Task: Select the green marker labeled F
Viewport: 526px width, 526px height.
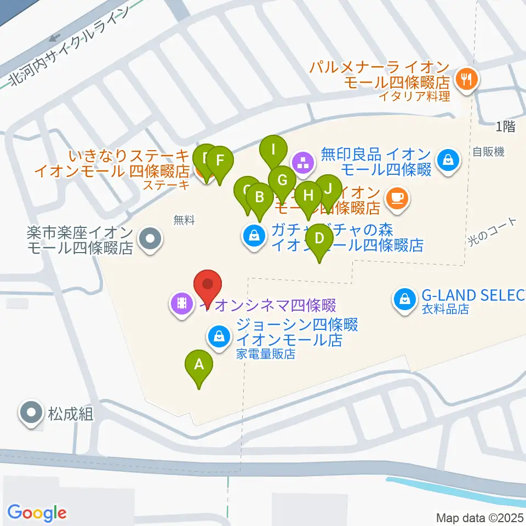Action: coord(220,161)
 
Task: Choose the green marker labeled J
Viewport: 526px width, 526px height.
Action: coord(328,188)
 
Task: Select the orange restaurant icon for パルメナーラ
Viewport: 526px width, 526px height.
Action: coord(467,79)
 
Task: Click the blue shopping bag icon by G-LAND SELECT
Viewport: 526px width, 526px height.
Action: coord(404,299)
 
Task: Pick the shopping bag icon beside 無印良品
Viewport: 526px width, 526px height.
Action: coord(448,161)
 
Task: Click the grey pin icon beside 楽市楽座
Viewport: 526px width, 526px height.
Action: coord(150,239)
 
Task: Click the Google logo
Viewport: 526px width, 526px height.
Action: coord(37,513)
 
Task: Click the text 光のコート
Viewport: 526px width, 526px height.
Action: coord(492,232)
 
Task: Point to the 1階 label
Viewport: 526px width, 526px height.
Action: coord(505,127)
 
